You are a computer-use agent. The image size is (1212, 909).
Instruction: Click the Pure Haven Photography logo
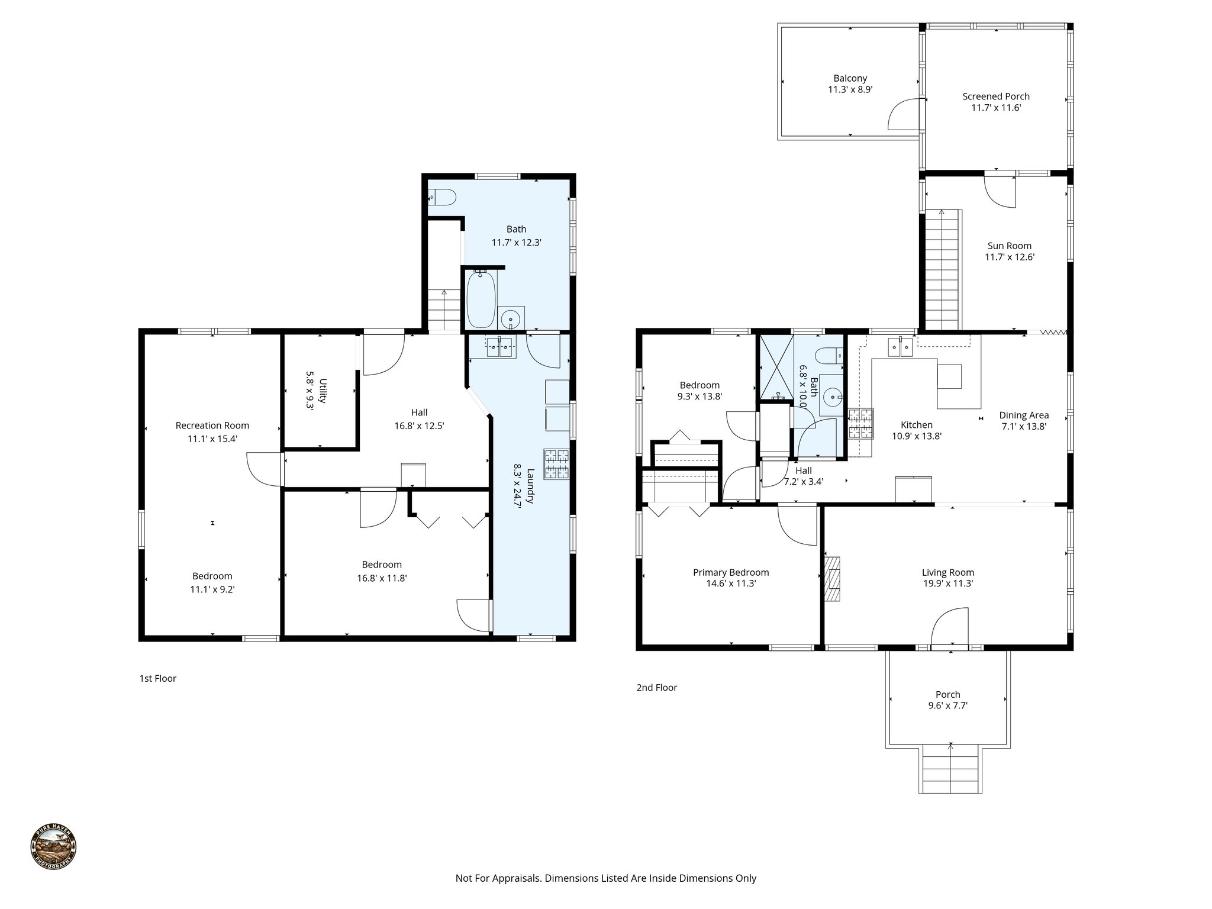tap(53, 847)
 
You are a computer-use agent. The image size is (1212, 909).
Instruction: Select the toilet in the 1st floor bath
tap(442, 197)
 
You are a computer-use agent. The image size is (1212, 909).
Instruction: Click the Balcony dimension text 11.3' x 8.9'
tap(850, 90)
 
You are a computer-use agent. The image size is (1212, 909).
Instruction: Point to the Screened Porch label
tap(995, 96)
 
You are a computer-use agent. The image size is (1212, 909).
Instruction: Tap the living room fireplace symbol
tap(832, 579)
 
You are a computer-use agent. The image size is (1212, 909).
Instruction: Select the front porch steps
tap(950, 769)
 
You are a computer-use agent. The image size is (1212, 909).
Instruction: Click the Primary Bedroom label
tap(731, 572)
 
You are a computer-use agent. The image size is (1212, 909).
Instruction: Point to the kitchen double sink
tap(900, 347)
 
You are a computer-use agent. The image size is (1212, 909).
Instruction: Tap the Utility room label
tap(323, 390)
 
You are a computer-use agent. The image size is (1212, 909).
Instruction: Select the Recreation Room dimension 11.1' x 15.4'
tap(212, 439)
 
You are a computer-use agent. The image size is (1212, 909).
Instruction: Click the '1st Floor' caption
tap(157, 678)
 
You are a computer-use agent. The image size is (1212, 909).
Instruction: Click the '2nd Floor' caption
tap(656, 687)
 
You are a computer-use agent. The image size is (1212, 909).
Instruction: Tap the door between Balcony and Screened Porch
tap(904, 114)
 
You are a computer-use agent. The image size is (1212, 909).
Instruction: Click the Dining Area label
tap(1024, 415)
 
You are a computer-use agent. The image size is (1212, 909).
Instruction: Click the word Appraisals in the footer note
tap(517, 878)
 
